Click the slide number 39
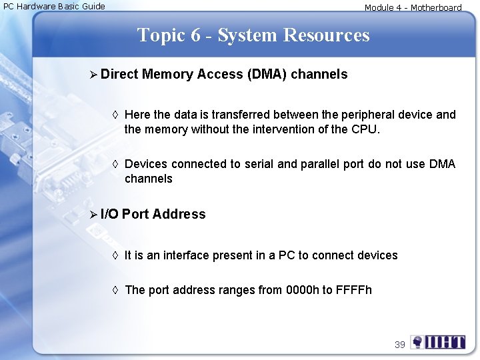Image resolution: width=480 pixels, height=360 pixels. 400,345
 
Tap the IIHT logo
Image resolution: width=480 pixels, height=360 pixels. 438,343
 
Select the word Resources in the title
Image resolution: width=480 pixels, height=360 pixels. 327,35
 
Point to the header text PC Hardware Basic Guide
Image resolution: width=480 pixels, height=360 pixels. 54,7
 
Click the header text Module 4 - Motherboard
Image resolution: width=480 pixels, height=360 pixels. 413,8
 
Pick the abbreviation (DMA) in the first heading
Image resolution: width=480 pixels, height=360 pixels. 266,74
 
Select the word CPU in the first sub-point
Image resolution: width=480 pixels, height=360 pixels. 364,129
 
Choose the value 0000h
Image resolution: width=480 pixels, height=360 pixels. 302,290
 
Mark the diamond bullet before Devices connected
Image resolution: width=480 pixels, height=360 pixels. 115,164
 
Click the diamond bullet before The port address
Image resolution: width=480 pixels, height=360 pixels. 115,290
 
